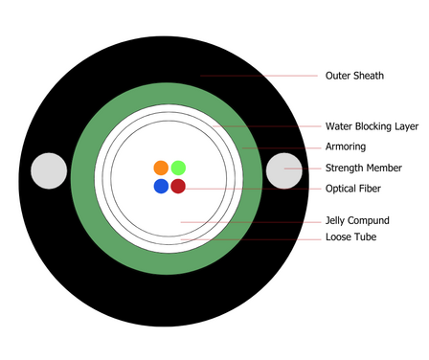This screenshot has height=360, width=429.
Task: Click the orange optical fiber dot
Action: (161, 168)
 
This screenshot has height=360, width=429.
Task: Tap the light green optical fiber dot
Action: (178, 168)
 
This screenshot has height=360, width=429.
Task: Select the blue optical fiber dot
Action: (161, 186)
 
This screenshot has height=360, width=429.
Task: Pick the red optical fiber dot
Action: (178, 186)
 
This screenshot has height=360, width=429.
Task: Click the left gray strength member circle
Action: (49, 171)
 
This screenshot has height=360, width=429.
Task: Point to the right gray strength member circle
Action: (284, 171)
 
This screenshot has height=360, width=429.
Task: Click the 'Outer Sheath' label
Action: (354, 76)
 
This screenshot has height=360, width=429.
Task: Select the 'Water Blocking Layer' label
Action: (372, 126)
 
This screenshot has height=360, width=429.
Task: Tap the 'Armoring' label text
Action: (346, 146)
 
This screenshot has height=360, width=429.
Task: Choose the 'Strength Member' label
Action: (364, 168)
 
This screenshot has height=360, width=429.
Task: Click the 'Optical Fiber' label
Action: (353, 189)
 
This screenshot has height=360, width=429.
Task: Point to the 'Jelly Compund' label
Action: (357, 220)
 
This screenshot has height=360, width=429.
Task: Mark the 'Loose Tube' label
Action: (350, 236)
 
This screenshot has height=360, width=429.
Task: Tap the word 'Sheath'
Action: (369, 76)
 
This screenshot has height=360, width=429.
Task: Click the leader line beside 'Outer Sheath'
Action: (259, 76)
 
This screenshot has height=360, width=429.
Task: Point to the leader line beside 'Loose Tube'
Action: (251, 239)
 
